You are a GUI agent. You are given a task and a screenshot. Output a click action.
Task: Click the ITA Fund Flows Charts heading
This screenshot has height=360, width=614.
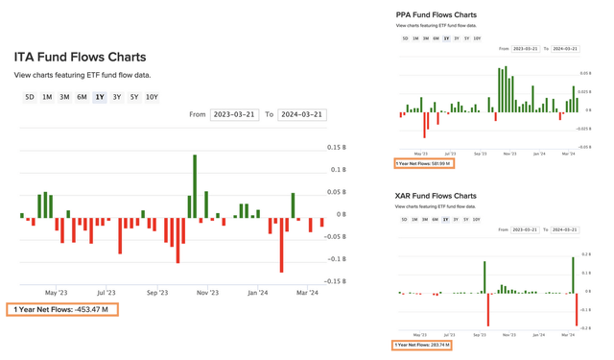(x=80, y=58)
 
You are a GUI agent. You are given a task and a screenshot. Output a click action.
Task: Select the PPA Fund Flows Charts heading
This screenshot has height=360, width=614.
(x=436, y=14)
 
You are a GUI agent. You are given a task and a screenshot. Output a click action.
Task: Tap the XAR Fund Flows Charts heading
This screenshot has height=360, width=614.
(x=436, y=195)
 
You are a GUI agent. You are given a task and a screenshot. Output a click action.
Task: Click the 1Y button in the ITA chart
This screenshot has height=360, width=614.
(x=99, y=97)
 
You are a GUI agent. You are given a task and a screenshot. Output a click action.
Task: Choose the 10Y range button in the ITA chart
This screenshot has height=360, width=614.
(x=152, y=97)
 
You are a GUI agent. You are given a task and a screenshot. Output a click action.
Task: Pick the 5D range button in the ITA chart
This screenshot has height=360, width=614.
(x=30, y=97)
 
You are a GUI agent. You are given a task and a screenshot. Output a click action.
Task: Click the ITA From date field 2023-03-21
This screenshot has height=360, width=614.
(x=234, y=114)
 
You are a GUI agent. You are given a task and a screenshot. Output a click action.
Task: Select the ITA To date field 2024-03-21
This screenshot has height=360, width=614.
(x=301, y=114)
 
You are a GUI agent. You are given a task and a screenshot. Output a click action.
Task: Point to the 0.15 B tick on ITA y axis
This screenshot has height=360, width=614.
(x=336, y=148)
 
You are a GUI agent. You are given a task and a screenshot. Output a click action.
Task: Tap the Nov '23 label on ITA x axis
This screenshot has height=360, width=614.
(x=207, y=292)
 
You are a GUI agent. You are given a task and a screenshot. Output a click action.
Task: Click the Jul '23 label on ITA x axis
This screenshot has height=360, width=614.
(x=106, y=292)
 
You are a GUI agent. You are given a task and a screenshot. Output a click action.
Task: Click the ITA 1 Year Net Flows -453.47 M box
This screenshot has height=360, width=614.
(x=61, y=309)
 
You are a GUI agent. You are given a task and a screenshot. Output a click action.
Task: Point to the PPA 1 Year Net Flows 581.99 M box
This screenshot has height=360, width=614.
(x=422, y=163)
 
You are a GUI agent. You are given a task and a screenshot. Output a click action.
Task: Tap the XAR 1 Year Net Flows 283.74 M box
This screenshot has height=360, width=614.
(x=422, y=345)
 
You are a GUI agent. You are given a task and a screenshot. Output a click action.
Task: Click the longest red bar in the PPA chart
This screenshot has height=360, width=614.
(x=425, y=125)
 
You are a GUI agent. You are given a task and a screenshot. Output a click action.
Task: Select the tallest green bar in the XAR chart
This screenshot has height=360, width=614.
(x=573, y=275)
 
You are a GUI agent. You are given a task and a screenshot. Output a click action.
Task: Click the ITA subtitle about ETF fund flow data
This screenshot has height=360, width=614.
(x=82, y=75)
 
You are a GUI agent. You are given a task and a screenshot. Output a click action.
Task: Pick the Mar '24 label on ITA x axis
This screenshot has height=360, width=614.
(x=307, y=292)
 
